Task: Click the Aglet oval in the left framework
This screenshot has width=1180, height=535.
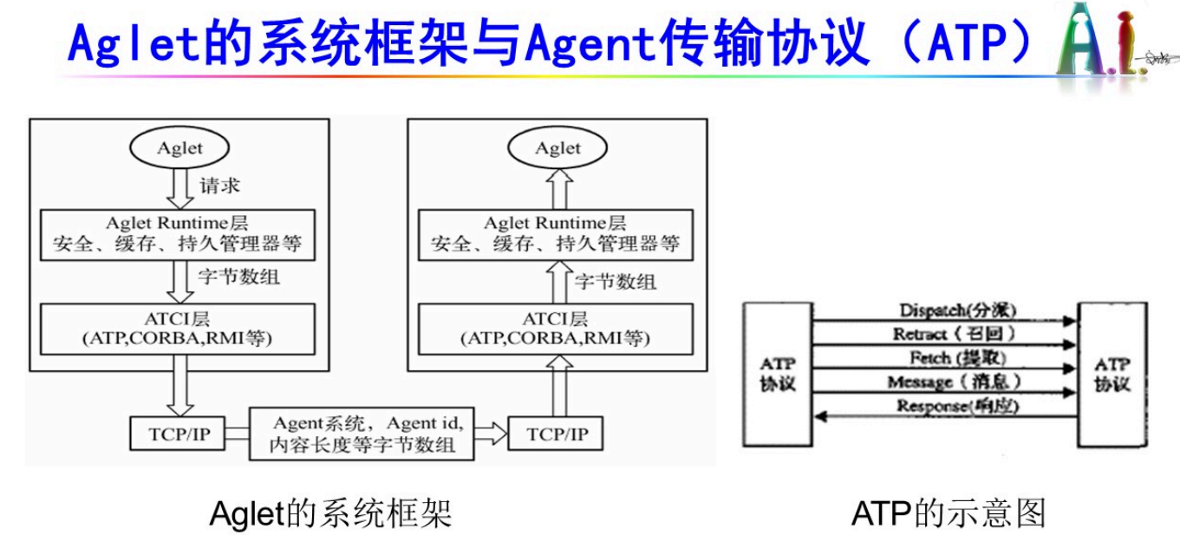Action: [x=179, y=148]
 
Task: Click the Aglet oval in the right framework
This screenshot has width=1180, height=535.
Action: [x=557, y=148]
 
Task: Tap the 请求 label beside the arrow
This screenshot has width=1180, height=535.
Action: [x=219, y=185]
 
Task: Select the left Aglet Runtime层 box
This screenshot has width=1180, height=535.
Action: [x=179, y=233]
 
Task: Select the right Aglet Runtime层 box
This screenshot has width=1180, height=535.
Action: [x=557, y=233]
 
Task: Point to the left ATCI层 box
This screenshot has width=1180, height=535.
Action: [x=179, y=328]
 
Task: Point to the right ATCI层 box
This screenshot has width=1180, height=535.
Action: [x=557, y=328]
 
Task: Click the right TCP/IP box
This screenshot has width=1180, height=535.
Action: [x=555, y=434]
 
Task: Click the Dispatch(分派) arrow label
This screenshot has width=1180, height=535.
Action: [x=957, y=310]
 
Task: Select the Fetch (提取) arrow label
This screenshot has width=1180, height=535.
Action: [x=957, y=357]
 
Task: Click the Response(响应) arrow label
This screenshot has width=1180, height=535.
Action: [x=957, y=405]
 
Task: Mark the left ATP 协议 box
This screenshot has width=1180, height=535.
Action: [x=777, y=373]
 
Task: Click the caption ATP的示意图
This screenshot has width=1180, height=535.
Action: [x=948, y=513]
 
